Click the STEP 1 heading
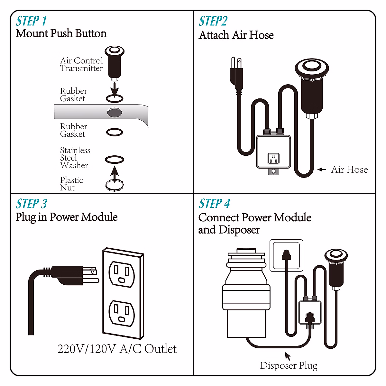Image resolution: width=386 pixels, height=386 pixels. coord(31,21)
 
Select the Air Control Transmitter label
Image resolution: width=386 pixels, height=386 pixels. coord(81,64)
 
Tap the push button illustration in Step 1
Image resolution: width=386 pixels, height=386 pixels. coord(114,63)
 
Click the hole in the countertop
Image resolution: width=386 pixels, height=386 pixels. coord(114,113)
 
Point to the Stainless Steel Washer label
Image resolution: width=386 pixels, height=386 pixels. coord(75,158)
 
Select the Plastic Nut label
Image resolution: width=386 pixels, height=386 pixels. coord(71,184)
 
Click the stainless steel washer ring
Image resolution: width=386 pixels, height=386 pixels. coord(115,159)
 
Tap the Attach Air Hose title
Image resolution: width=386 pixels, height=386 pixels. coord(236,35)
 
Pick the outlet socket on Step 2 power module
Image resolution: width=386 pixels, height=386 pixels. coord(273,159)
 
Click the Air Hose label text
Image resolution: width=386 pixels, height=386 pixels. coord(349,170)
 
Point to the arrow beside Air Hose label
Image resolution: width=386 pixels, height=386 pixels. coord(322,170)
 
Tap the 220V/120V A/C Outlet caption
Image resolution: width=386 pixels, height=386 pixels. coord(117,349)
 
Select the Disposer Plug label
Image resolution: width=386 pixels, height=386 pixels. coord(289,366)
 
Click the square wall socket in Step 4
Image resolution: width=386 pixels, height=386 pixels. coord(286,255)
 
